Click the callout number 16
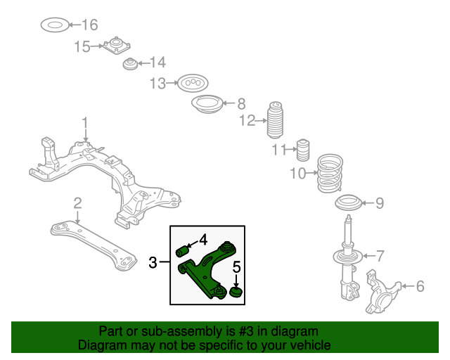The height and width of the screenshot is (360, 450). (89, 26)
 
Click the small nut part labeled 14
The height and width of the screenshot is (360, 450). (129, 65)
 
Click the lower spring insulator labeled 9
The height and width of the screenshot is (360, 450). (349, 204)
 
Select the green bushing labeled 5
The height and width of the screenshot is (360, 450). (236, 290)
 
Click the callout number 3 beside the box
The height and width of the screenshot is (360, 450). (153, 264)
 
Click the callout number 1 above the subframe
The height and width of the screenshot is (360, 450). (85, 124)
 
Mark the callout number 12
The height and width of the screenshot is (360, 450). (246, 121)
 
